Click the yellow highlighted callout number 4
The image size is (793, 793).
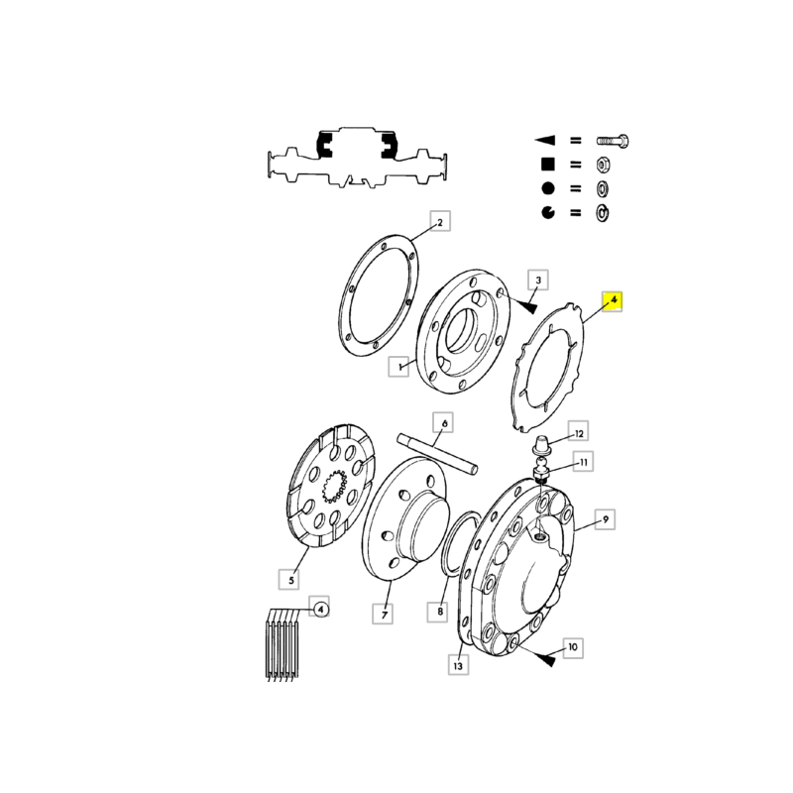tap(612, 301)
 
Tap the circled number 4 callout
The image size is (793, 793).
tap(320, 609)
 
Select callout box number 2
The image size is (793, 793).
tap(440, 221)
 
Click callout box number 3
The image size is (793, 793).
tap(538, 280)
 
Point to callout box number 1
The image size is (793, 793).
tap(398, 366)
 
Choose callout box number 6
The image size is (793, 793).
tap(443, 423)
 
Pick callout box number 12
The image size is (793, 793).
tap(579, 433)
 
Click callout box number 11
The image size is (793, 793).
tap(583, 462)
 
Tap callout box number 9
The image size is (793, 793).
tap(605, 519)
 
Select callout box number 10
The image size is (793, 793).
tap(573, 647)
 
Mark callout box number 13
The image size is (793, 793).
tap(458, 664)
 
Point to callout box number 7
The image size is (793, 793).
tap(383, 614)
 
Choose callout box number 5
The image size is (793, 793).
tap(289, 579)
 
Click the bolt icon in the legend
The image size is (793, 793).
tap(613, 141)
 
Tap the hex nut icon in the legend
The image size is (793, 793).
tap(603, 165)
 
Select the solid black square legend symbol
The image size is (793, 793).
tap(548, 165)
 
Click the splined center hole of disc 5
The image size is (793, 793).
tap(334, 488)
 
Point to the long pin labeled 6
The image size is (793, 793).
tap(437, 454)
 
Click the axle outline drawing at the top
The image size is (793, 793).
tap(357, 157)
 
